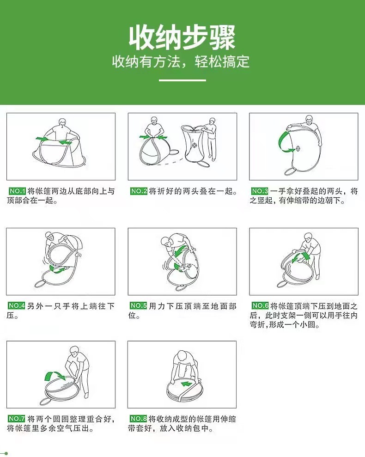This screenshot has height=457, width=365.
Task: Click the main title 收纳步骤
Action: click(182, 37)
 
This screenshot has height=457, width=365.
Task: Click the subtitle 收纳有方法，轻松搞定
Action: click(181, 62)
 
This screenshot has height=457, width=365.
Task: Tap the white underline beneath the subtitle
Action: click(182, 80)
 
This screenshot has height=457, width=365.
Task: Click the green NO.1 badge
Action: click(18, 191)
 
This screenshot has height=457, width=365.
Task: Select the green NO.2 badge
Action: click(139, 191)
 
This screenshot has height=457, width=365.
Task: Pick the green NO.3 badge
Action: click(260, 191)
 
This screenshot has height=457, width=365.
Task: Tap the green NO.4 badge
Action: click(17, 306)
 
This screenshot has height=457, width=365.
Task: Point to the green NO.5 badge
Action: click(139, 306)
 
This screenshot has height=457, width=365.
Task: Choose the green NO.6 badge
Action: click(260, 306)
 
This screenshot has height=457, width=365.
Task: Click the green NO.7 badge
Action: click(17, 419)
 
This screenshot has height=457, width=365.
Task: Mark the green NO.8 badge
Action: click(139, 419)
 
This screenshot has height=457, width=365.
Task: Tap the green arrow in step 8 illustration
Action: click(187, 384)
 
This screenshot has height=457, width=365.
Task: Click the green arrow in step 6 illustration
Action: click(301, 258)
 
